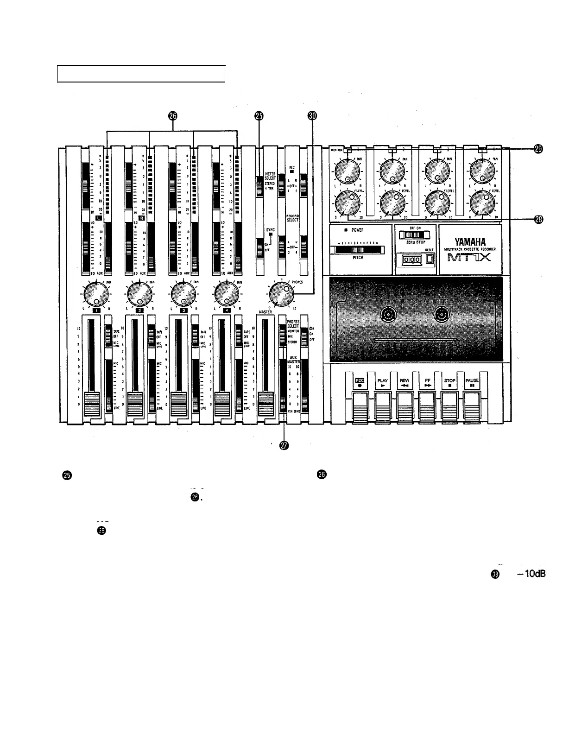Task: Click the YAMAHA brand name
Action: point(470,242)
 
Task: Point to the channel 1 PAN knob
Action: point(96,294)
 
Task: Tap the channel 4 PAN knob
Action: point(227,294)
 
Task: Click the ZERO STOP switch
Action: point(414,234)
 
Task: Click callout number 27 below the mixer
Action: point(284,445)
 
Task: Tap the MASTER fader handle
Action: point(266,401)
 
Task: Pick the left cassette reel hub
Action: point(388,316)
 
